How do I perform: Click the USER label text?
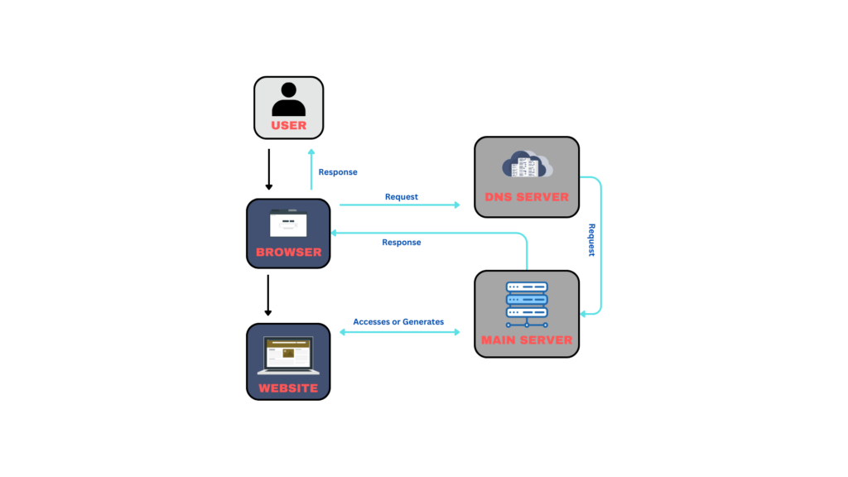(x=288, y=126)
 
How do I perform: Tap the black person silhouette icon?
(x=288, y=99)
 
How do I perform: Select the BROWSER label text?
(x=288, y=252)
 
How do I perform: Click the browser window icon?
(x=288, y=224)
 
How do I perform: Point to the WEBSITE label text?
(x=288, y=388)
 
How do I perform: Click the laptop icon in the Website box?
(x=288, y=355)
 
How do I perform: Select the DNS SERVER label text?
(x=527, y=197)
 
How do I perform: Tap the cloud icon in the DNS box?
(x=527, y=165)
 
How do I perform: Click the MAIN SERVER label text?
(x=527, y=340)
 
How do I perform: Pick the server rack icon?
(x=527, y=303)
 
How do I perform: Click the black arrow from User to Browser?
(x=268, y=169)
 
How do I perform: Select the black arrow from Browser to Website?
(x=268, y=296)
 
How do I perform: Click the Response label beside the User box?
(x=338, y=172)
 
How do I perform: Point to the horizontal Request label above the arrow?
(x=402, y=197)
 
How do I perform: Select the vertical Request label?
(x=591, y=240)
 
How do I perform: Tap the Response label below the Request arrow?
(x=402, y=243)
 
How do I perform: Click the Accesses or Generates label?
(x=398, y=321)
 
